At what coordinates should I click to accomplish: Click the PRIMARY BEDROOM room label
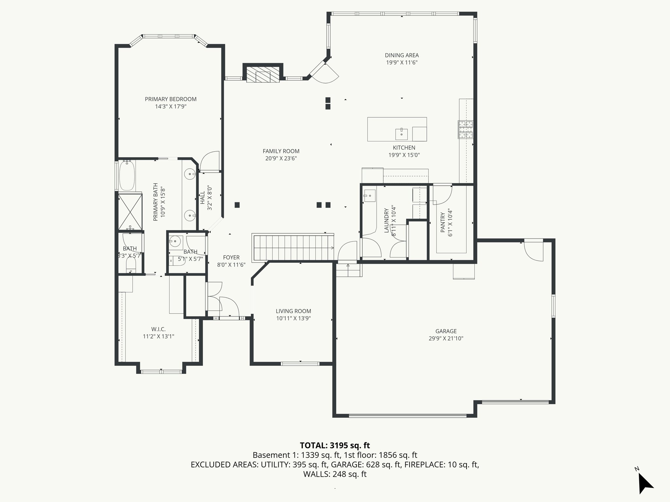click(x=170, y=99)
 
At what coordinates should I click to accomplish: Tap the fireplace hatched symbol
click(x=263, y=75)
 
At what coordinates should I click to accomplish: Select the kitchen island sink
click(x=401, y=133)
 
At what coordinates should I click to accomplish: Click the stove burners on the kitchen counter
click(x=465, y=129)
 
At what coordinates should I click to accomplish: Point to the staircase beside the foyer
click(x=293, y=247)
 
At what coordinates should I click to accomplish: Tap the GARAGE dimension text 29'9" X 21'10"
click(x=446, y=339)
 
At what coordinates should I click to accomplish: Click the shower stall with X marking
click(x=130, y=211)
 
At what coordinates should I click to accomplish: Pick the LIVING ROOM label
click(x=293, y=311)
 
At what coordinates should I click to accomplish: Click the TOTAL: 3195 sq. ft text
click(x=335, y=445)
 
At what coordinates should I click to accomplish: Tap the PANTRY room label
click(x=443, y=222)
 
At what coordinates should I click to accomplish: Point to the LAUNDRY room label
click(x=386, y=220)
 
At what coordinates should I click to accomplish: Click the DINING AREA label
click(x=401, y=55)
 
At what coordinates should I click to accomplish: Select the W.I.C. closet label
click(x=158, y=329)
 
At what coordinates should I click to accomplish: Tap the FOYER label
click(x=231, y=258)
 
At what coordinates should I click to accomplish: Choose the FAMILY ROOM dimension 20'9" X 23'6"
click(x=281, y=159)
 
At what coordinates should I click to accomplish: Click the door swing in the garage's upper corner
click(x=533, y=250)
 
